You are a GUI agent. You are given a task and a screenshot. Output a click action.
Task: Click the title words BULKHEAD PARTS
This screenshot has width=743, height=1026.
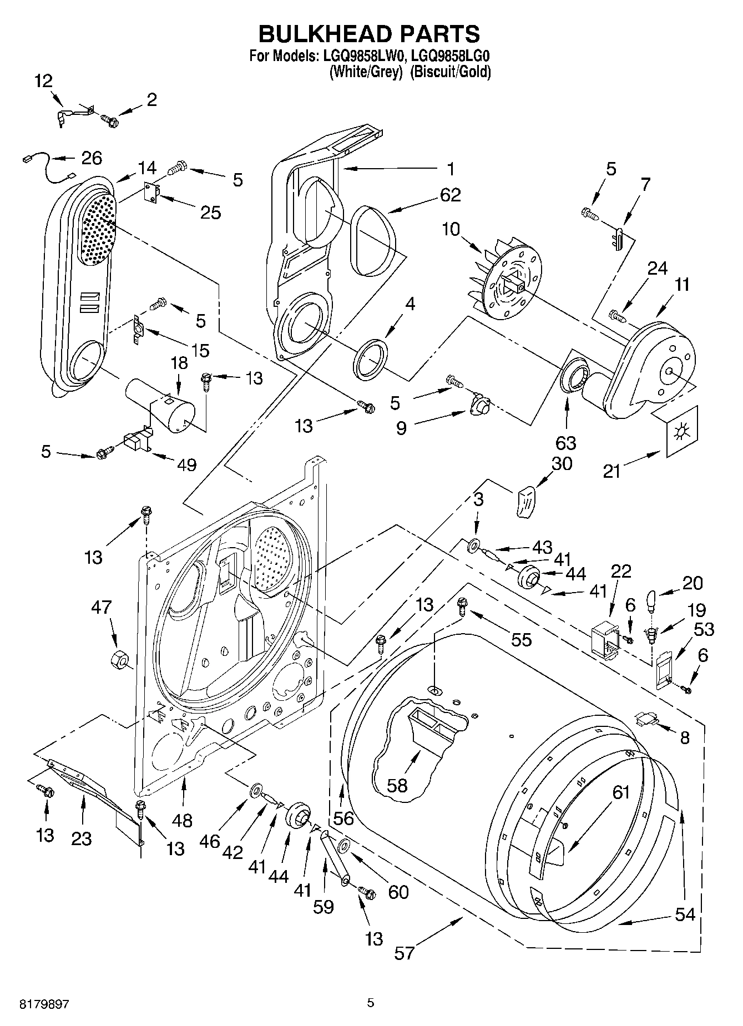[370, 34]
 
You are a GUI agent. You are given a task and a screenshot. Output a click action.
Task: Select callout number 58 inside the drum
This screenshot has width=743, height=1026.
[397, 785]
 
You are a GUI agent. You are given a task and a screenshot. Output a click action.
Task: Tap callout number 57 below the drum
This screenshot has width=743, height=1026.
[405, 953]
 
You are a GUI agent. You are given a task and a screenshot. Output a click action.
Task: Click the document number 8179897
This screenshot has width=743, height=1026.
[44, 1004]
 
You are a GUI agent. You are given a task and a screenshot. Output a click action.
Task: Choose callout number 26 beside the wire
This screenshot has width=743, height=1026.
[92, 158]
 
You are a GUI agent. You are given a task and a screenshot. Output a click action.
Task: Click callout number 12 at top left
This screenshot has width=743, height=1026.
[43, 82]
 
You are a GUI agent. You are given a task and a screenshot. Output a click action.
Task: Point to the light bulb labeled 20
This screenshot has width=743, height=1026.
[653, 601]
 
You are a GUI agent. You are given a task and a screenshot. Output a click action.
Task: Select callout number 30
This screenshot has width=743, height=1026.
[562, 463]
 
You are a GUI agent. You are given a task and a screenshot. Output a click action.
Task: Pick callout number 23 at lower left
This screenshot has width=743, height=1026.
[81, 838]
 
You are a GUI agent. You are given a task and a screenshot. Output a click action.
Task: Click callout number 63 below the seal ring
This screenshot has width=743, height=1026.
[565, 443]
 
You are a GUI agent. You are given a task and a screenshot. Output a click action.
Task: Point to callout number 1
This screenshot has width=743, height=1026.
[451, 168]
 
